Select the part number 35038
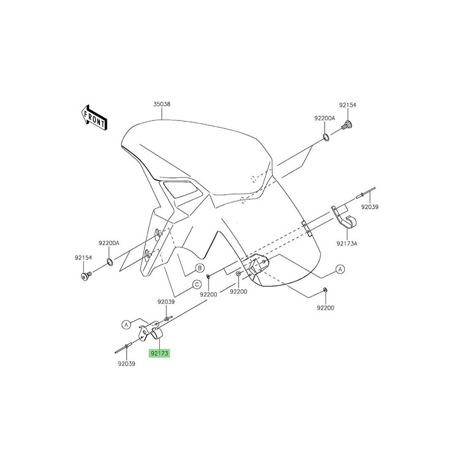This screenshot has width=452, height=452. point(162,105)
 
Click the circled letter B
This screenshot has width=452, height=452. point(199,268)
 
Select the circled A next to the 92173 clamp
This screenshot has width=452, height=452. point(127,324)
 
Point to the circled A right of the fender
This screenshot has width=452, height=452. point(341,270)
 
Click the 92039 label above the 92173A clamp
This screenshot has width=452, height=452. point(370,207)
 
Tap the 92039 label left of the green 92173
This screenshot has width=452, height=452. point(127,364)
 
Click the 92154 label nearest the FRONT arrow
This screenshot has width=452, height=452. point(83,258)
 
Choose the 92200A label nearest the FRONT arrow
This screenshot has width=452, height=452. point(109,243)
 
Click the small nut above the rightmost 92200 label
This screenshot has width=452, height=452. point(324,290)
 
